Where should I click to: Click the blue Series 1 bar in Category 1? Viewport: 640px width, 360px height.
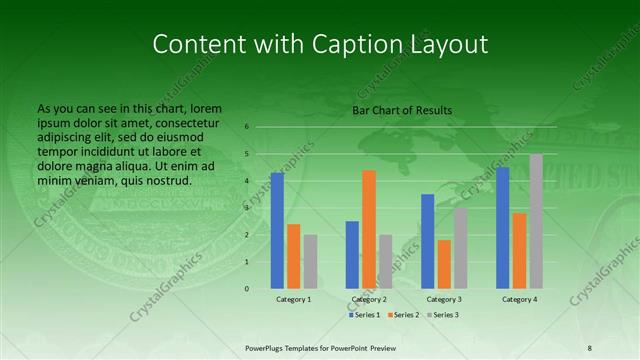pos(277,230)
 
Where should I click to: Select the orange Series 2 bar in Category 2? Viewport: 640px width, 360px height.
pos(369,229)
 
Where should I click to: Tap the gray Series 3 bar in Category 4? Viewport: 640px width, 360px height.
pos(536,221)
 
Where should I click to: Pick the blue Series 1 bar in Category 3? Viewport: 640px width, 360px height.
pos(427,241)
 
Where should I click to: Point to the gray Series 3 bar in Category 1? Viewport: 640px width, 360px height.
pos(311,261)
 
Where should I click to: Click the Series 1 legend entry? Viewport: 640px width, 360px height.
pos(365,315)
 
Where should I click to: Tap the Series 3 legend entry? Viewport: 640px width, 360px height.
pos(443,315)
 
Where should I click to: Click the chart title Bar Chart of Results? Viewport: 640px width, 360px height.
pos(402,110)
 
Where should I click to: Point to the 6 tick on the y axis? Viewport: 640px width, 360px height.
pos(247,127)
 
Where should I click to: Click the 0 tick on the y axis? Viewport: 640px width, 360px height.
pos(247,289)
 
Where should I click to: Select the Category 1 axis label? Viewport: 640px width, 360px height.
pos(294,299)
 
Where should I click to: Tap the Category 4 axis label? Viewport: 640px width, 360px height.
pos(519,299)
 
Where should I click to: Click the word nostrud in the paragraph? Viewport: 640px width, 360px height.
pos(166,180)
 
